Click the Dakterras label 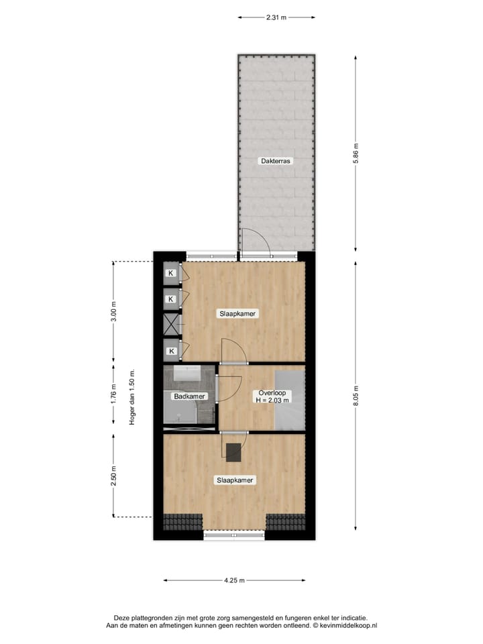tap(276, 161)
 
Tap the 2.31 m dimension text tap(276, 17)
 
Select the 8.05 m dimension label tap(356, 390)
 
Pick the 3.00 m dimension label tap(113, 313)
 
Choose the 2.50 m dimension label tap(113, 476)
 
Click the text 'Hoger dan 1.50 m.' tap(132, 398)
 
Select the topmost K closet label tap(171, 273)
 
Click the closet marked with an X tap(172, 325)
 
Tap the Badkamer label tap(190, 396)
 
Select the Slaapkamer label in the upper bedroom tap(237, 313)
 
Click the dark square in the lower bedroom tap(233, 453)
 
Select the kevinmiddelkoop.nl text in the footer tap(345, 625)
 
